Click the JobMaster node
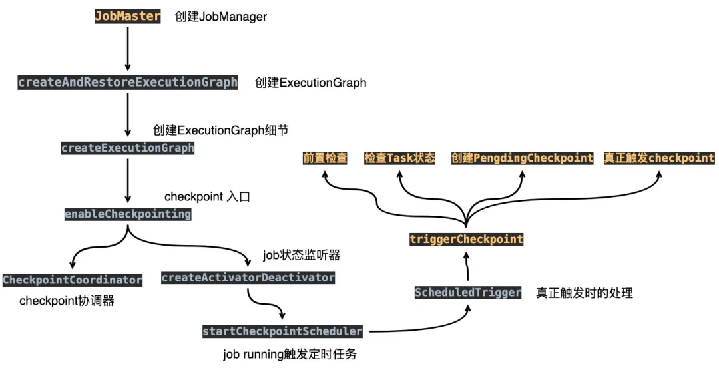click(x=127, y=16)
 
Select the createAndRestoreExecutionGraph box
click(x=127, y=83)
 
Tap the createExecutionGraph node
click(x=127, y=148)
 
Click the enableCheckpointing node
click(x=127, y=214)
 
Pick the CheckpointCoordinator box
click(x=73, y=280)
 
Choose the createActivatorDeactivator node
click(x=248, y=278)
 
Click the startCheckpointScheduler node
click(x=282, y=331)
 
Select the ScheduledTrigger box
click(x=467, y=293)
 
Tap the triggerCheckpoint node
click(x=466, y=239)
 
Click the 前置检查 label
click(x=325, y=158)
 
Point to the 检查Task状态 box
click(x=399, y=158)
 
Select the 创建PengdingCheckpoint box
click(x=521, y=158)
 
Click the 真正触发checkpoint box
click(x=659, y=158)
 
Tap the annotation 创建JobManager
click(x=221, y=17)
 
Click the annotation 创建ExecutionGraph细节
click(x=220, y=130)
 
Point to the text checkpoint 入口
click(x=206, y=197)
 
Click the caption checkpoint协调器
click(x=67, y=301)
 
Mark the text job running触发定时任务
click(x=290, y=354)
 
